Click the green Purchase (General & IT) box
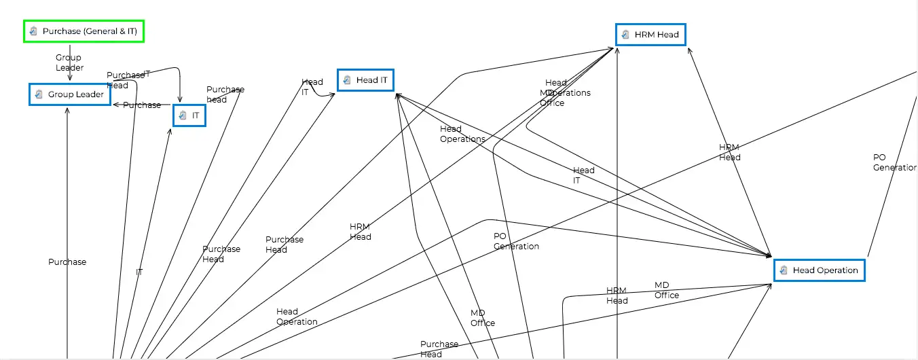pos(85,31)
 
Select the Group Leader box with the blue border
pos(69,94)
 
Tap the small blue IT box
pos(189,115)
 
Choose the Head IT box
pos(365,80)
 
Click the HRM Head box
pos(650,35)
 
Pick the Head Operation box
pos(820,270)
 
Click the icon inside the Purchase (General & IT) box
pos(34,31)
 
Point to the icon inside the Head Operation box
pos(784,270)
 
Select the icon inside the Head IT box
pos(348,80)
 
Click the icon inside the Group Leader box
pos(39,94)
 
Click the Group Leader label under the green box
pos(69,62)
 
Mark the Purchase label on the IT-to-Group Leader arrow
pos(142,105)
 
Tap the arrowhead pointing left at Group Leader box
pos(115,105)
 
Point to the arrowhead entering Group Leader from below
pos(67,109)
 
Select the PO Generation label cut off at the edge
pos(894,162)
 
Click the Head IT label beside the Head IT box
pos(312,87)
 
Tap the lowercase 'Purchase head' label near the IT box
pos(225,94)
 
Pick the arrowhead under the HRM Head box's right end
pos(689,50)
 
